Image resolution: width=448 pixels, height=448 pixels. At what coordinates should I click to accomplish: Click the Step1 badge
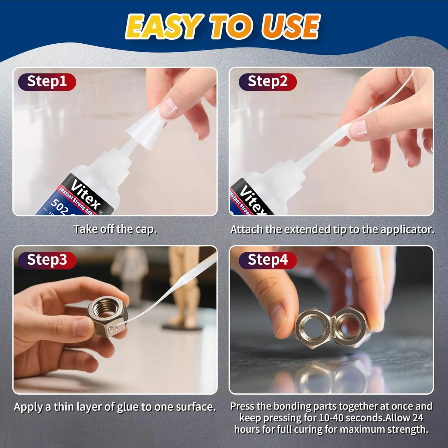47,82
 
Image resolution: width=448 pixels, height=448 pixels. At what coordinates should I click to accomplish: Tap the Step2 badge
268,82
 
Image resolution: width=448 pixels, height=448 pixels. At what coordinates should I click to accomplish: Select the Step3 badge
47,260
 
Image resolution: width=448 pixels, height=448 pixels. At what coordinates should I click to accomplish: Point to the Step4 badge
268,260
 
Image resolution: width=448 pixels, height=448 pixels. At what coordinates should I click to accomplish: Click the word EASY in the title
163,27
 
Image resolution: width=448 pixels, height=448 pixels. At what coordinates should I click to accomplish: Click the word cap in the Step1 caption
146,229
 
